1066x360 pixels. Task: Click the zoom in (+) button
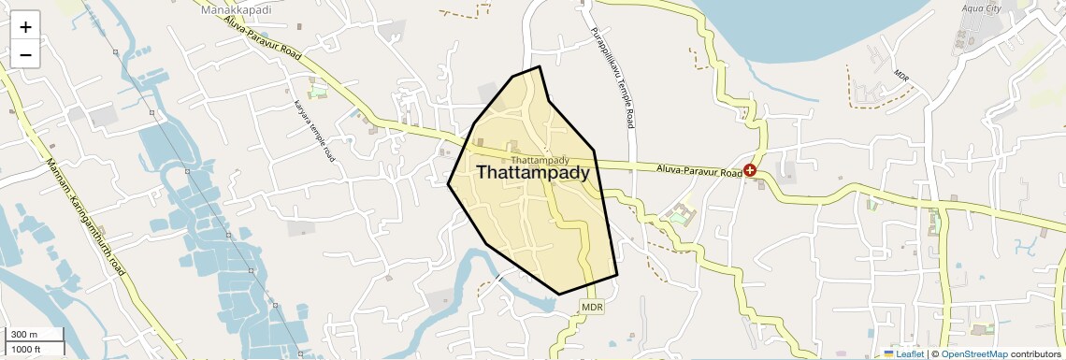pyautogui.click(x=25, y=27)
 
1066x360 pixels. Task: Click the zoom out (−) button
pyautogui.click(x=25, y=55)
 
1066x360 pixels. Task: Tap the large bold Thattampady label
pyautogui.click(x=533, y=173)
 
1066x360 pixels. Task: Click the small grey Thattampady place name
pyautogui.click(x=540, y=161)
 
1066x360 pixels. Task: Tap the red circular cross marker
pyautogui.click(x=750, y=171)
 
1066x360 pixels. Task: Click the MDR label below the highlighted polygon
pyautogui.click(x=593, y=307)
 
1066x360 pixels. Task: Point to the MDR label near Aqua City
pyautogui.click(x=901, y=75)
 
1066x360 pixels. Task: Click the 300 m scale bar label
pyautogui.click(x=24, y=335)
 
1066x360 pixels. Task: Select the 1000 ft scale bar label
pyautogui.click(x=26, y=349)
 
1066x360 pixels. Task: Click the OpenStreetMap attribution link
pyautogui.click(x=973, y=354)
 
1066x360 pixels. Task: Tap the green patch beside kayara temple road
pyautogui.click(x=319, y=93)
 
